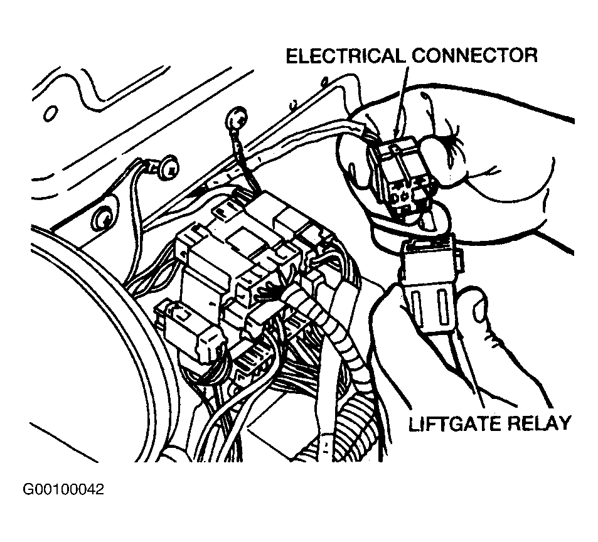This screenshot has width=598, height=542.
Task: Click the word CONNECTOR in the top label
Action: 474,56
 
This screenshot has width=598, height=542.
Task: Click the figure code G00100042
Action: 63,489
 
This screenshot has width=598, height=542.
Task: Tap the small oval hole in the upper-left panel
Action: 50,113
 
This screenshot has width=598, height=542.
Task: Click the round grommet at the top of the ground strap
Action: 237,119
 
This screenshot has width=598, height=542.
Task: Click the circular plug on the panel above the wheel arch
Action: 102,217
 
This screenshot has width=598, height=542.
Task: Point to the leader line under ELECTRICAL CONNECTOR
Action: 402,100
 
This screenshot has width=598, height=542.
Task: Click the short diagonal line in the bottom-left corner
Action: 64,442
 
